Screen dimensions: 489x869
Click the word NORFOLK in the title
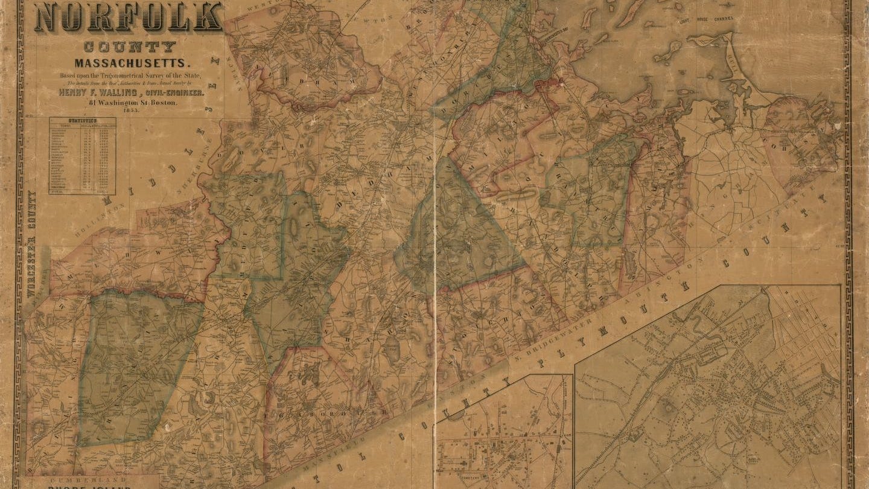pos(129,17)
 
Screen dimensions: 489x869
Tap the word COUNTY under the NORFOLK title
pos(130,46)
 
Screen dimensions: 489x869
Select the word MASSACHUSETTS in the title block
pos(132,63)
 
